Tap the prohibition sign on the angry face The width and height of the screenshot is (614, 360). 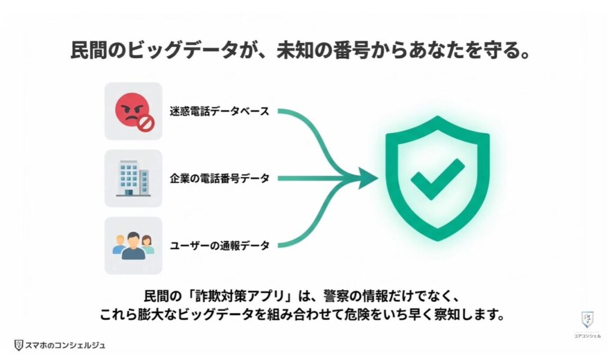point(146,124)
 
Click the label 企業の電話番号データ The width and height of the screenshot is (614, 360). point(219,178)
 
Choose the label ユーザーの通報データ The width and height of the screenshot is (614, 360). point(218,245)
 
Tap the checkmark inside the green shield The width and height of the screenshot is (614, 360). point(437,178)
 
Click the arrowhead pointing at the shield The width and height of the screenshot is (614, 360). point(368,178)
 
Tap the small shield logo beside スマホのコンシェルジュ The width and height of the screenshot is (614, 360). point(19,345)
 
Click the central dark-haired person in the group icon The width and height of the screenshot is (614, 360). point(133,245)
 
